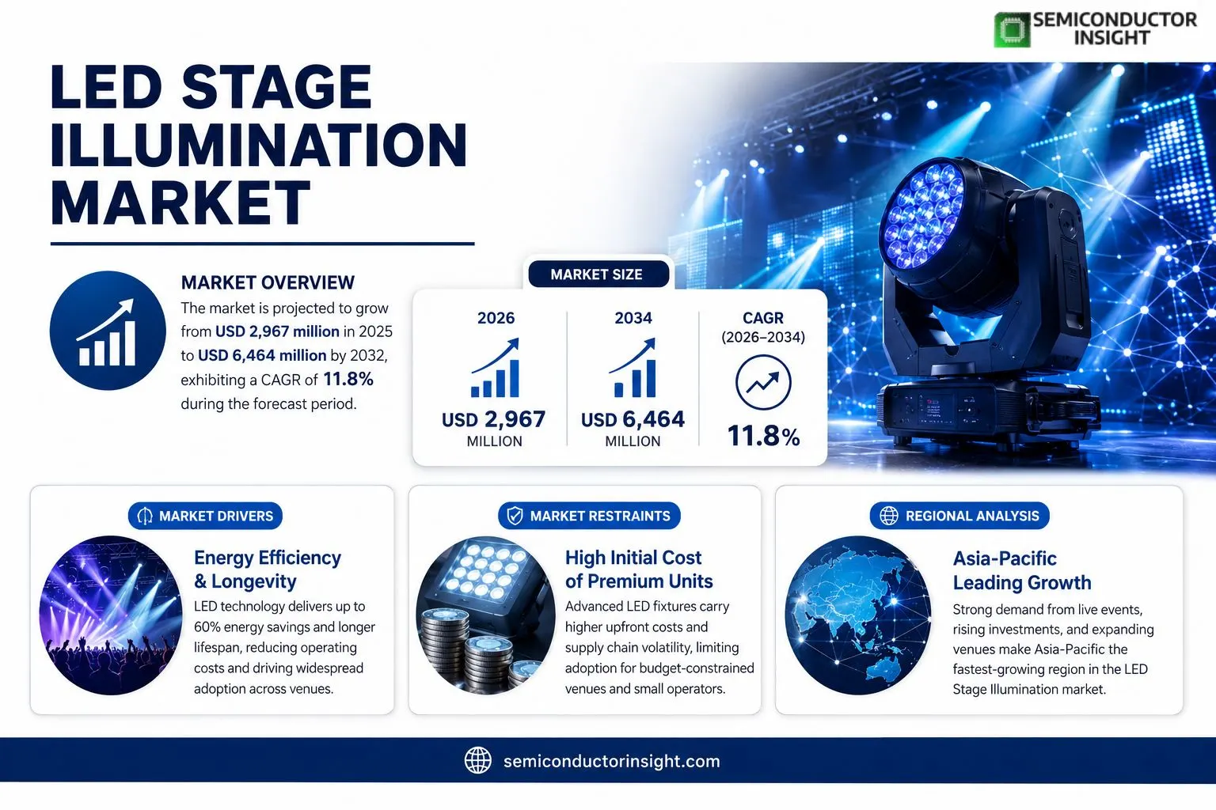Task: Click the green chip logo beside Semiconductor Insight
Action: [x=1012, y=30]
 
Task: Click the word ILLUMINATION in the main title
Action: [x=258, y=145]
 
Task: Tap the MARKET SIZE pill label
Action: [x=597, y=274]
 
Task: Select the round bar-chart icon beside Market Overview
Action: [x=108, y=331]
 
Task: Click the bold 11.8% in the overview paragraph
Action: [x=348, y=379]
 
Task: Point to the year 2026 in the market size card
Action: [x=496, y=318]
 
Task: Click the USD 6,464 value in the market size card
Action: [x=633, y=419]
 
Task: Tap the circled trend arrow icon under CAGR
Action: [x=763, y=383]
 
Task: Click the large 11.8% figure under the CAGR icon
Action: [x=763, y=436]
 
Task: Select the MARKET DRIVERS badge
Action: [x=205, y=516]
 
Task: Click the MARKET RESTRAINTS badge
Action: [x=589, y=516]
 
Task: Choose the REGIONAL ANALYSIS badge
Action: [x=959, y=516]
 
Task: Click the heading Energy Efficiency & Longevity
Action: [x=268, y=569]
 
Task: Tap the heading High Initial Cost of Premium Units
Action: [x=639, y=569]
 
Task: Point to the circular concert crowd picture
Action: [x=111, y=615]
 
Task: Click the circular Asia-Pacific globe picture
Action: [x=857, y=615]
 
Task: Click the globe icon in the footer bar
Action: [x=478, y=761]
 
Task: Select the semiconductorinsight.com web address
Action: [x=612, y=761]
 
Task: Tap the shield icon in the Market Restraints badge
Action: [x=515, y=516]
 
